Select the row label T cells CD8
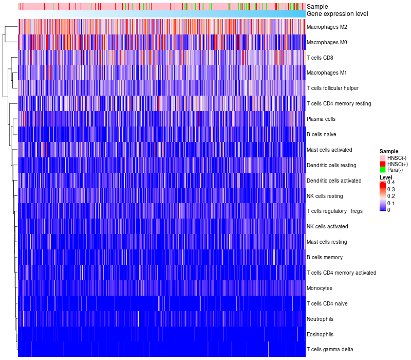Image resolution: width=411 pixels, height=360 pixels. pyautogui.click(x=319, y=58)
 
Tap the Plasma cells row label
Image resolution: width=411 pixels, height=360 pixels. pyautogui.click(x=321, y=119)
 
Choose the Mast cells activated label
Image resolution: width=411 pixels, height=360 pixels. pyautogui.click(x=329, y=150)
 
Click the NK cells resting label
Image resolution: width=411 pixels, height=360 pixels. pyautogui.click(x=324, y=196)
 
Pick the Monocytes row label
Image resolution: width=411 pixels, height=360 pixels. pyautogui.click(x=320, y=288)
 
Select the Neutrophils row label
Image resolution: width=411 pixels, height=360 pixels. pyautogui.click(x=320, y=319)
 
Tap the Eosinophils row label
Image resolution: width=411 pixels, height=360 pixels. pyautogui.click(x=320, y=334)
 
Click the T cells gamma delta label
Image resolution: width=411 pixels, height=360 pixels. pyautogui.click(x=330, y=350)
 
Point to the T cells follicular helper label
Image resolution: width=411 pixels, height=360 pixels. pyautogui.click(x=333, y=88)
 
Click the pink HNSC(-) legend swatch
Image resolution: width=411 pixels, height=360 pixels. pyautogui.click(x=382, y=157)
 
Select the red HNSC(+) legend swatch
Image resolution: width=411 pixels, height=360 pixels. pyautogui.click(x=382, y=164)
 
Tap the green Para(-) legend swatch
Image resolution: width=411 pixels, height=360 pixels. pyautogui.click(x=382, y=170)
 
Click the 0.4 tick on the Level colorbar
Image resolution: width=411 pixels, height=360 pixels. pyautogui.click(x=391, y=183)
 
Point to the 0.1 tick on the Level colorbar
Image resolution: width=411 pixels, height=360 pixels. pyautogui.click(x=391, y=203)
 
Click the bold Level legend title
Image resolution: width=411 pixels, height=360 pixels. pyautogui.click(x=386, y=177)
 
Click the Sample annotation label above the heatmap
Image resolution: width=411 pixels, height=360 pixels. pyautogui.click(x=317, y=7)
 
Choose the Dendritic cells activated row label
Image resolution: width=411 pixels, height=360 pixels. pyautogui.click(x=334, y=181)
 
